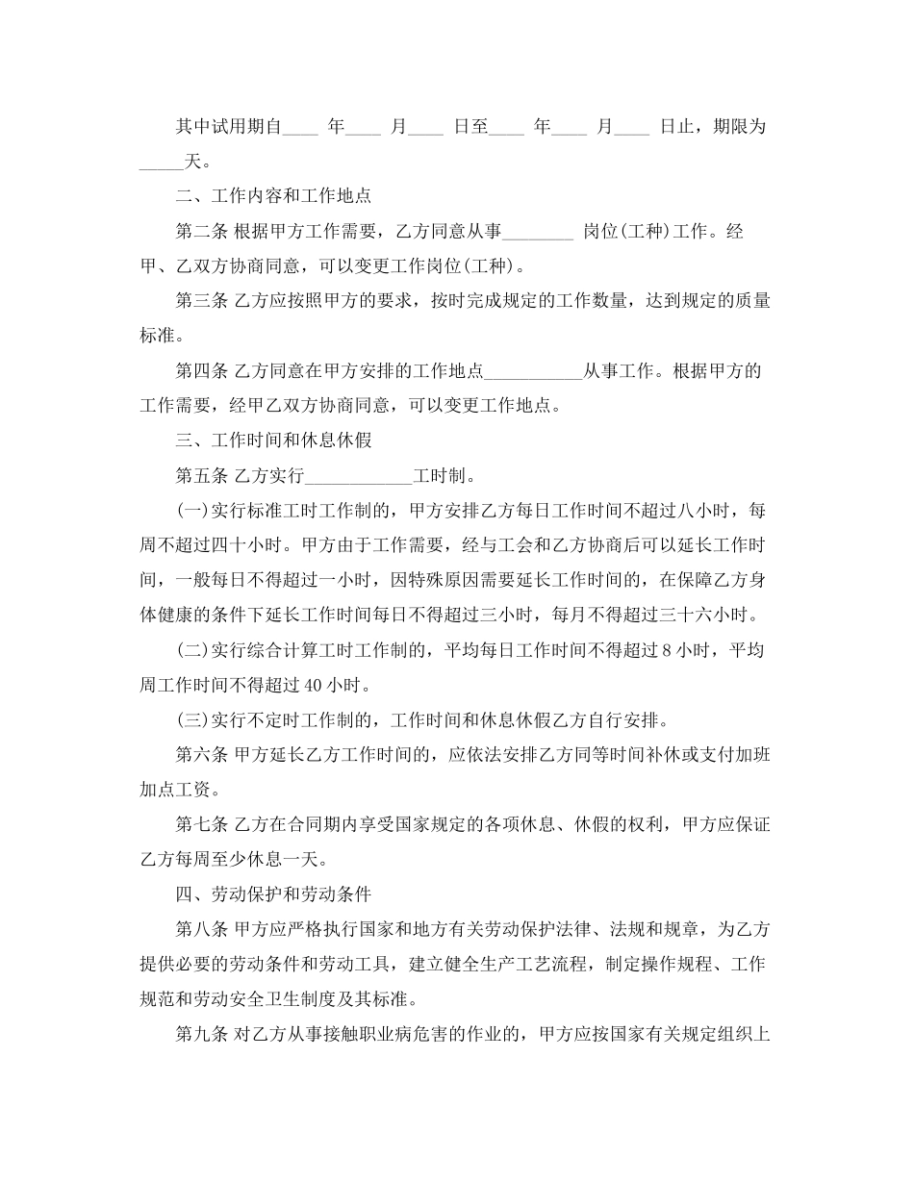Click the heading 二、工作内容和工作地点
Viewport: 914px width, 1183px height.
pos(274,195)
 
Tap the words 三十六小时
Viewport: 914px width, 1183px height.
pos(707,615)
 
